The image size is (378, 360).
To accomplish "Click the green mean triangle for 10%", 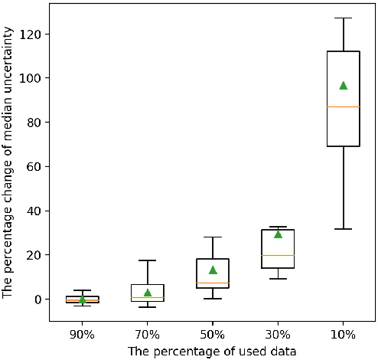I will tap(343, 85).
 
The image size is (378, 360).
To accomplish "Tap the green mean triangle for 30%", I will tap(278, 234).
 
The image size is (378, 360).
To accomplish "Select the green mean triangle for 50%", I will tap(213, 270).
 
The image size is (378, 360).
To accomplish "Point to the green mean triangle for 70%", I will tap(148, 293).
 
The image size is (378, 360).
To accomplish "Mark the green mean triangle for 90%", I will tap(83, 299).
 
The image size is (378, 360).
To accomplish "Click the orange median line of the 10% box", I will tap(343, 106).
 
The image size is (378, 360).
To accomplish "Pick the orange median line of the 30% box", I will tap(278, 255).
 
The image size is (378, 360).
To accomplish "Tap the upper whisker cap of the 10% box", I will tap(343, 18).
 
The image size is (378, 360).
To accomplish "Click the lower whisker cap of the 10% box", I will tap(343, 229).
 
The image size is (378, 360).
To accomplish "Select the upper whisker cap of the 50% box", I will tap(213, 237).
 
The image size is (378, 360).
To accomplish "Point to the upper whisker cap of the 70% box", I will tap(148, 260).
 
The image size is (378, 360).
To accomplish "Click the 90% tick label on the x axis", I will tap(83, 335).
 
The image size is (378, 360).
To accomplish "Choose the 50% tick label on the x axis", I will tap(213, 335).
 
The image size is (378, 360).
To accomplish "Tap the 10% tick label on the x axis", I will tap(343, 335).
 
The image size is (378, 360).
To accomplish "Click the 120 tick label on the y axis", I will tap(31, 34).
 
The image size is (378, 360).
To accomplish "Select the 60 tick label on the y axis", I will tap(34, 166).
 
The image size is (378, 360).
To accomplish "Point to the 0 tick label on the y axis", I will tap(37, 299).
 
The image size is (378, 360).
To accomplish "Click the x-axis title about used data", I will tap(212, 351).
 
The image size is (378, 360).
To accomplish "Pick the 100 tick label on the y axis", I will tap(31, 78).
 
